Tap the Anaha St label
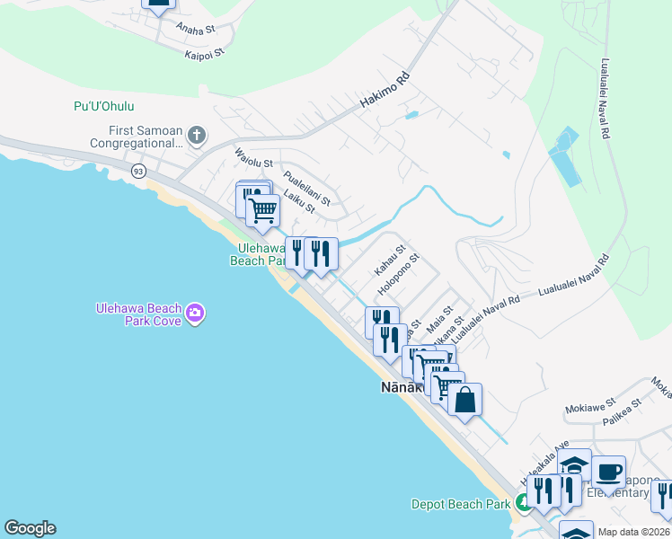[196, 29]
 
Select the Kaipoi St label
[201, 55]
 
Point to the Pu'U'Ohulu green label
[103, 107]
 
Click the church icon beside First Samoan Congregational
[197, 137]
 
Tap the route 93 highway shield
[137, 170]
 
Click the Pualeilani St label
[307, 188]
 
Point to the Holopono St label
[399, 275]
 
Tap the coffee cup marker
[608, 471]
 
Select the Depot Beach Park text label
[461, 504]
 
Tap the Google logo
[30, 528]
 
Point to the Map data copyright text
[634, 532]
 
